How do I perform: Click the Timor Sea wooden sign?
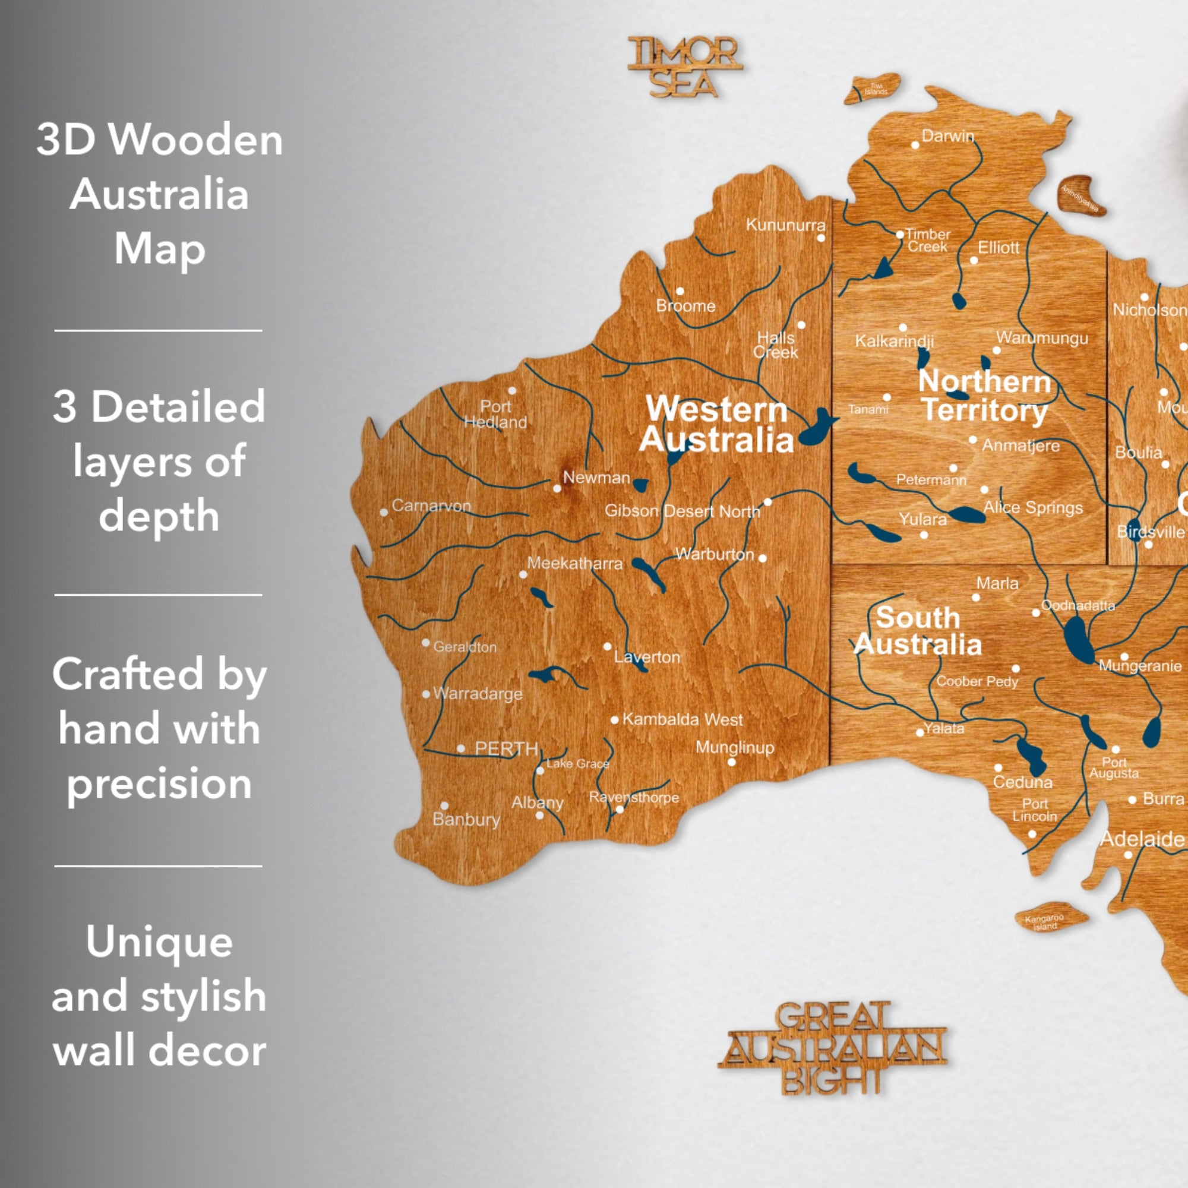coord(684,67)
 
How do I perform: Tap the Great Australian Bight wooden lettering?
coord(832,1047)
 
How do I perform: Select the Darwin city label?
coord(947,136)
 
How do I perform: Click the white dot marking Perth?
coord(460,748)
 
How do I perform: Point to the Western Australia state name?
coord(716,424)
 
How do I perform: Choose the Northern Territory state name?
coord(984,396)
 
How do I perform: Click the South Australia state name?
coord(918,631)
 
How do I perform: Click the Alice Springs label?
coord(1033,507)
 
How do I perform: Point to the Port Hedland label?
coord(495,414)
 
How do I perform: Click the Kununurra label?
coord(785,225)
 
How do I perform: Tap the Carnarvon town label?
coord(431,505)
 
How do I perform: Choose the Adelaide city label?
coord(1142,839)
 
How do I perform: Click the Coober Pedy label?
coord(977,681)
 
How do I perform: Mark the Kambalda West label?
coord(682,719)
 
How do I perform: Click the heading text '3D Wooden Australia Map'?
coord(159,194)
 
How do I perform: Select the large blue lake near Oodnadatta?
coord(1078,639)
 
